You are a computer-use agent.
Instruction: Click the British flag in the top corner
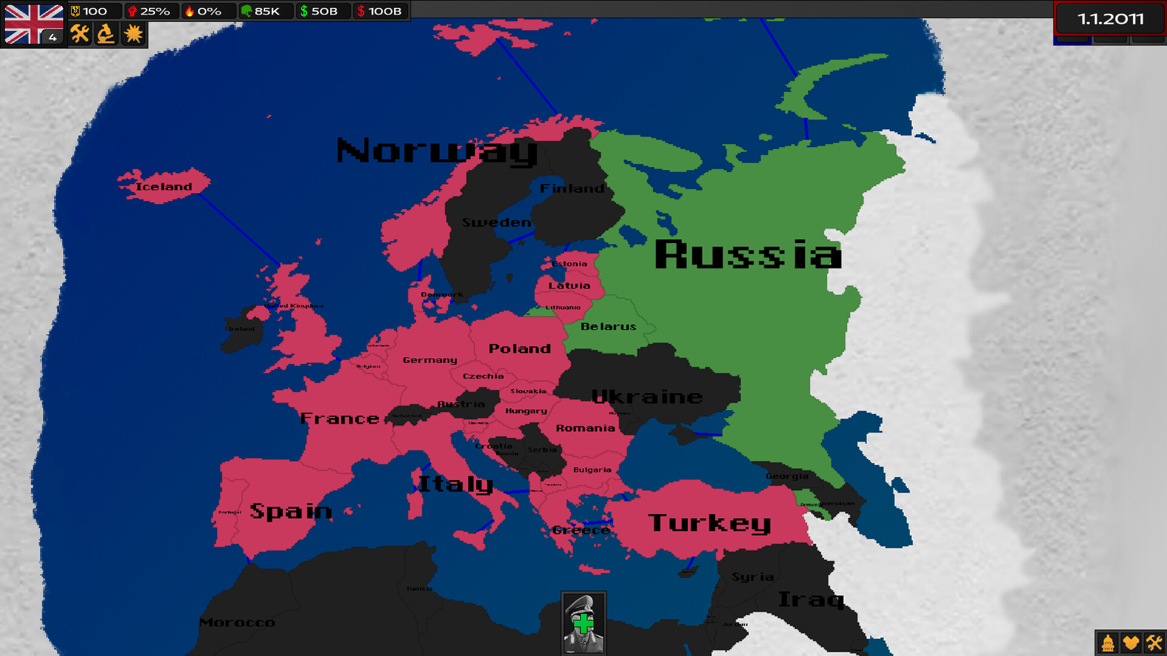[33, 24]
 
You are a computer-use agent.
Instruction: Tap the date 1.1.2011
[1110, 19]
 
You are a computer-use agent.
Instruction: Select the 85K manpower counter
[266, 11]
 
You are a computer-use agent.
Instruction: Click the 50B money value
[323, 11]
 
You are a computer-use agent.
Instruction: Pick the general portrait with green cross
[583, 623]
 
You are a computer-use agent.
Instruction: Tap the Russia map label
[748, 255]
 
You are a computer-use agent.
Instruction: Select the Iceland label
[164, 186]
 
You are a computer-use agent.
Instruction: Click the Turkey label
[709, 523]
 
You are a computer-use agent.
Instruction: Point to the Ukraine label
[647, 397]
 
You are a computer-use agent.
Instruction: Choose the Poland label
[520, 349]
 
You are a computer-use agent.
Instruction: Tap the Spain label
[291, 511]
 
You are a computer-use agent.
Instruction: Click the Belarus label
[608, 327]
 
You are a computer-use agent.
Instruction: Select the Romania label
[585, 428]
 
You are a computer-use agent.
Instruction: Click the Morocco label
[237, 623]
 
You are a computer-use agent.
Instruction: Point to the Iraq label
[811, 600]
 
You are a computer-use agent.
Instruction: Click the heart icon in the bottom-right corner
[1131, 643]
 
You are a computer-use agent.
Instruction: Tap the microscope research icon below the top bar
[106, 34]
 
